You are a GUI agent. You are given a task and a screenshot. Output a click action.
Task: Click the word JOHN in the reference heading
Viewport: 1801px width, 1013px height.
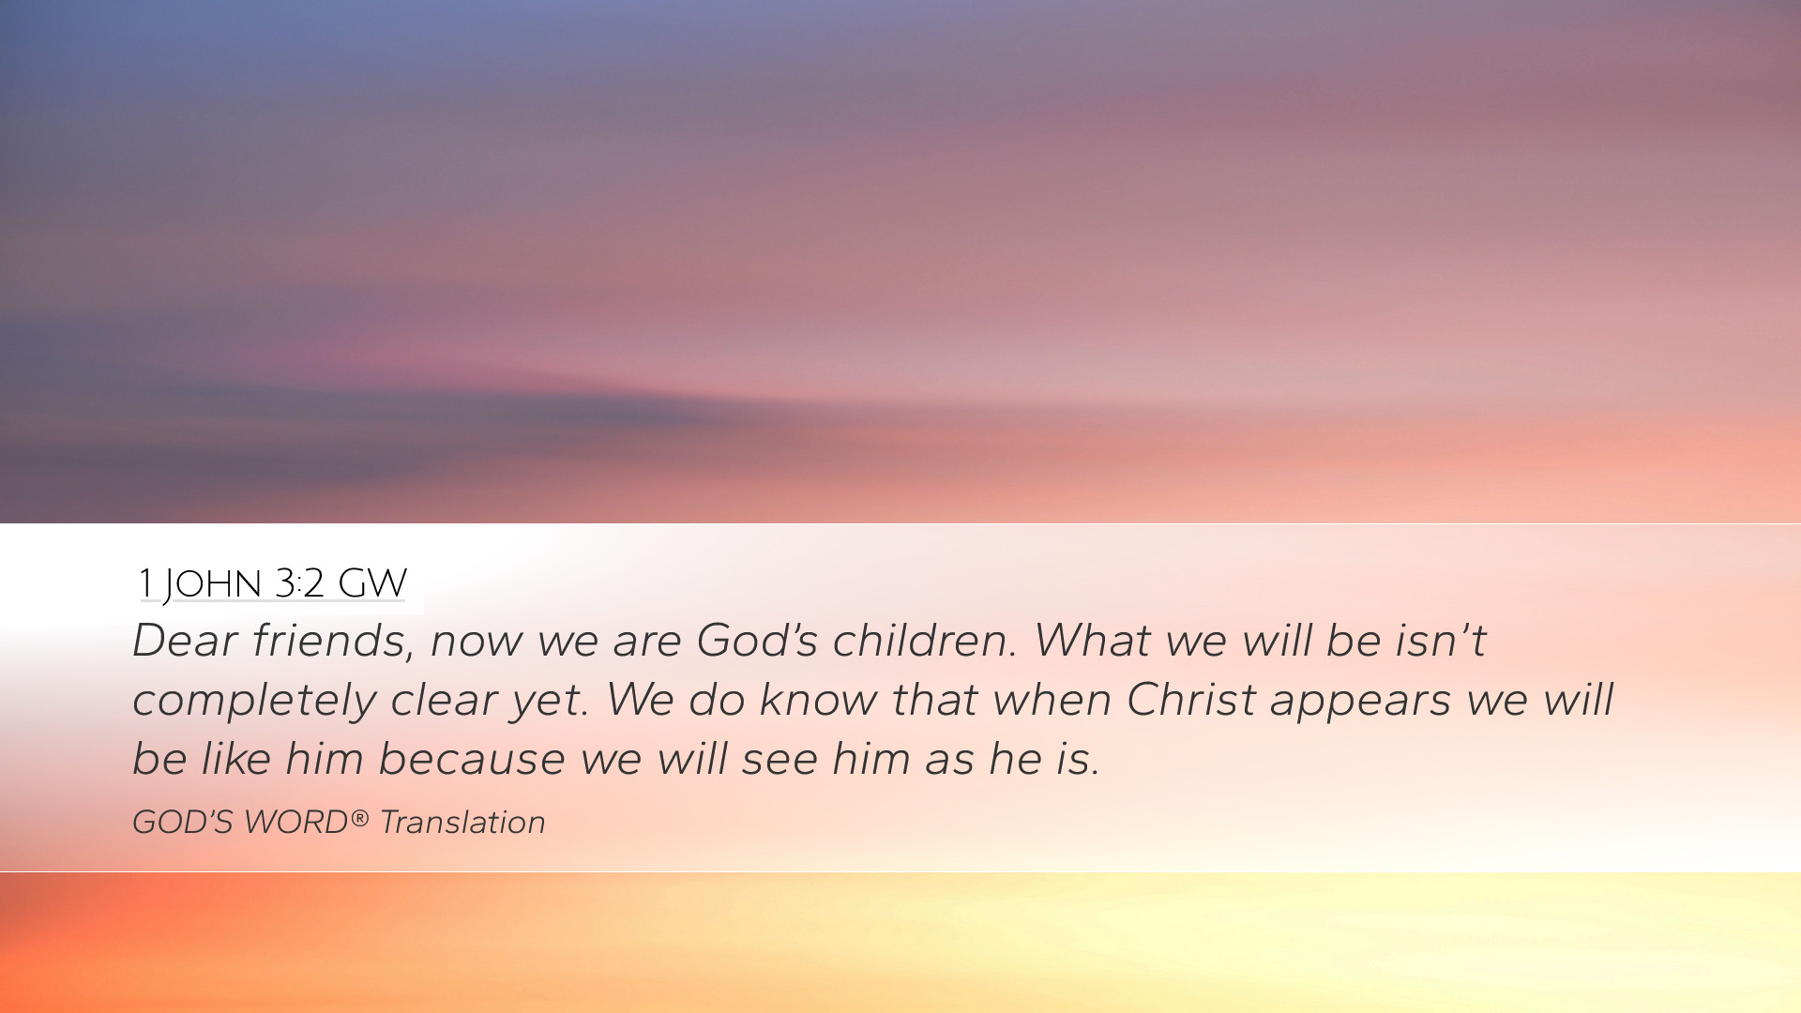(x=212, y=584)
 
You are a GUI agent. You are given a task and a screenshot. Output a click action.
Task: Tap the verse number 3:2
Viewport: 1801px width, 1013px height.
(x=300, y=582)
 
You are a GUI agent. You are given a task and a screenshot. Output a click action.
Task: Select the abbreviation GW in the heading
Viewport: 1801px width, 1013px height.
(x=372, y=582)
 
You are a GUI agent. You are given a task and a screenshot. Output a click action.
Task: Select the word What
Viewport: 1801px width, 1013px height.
(x=1092, y=640)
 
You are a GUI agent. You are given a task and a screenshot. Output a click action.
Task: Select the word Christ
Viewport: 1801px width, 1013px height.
(x=1191, y=699)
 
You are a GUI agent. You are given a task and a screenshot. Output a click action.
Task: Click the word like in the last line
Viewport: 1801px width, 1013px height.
(x=236, y=758)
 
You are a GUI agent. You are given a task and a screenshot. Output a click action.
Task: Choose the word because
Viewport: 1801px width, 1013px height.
(x=472, y=758)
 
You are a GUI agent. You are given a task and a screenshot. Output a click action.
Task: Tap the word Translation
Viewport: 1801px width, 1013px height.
(x=462, y=822)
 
